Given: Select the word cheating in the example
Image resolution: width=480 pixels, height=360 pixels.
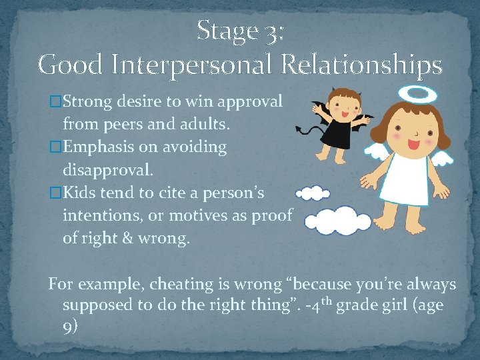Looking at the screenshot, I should pos(179,284).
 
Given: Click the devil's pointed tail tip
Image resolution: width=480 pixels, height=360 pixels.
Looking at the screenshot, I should pos(298,129).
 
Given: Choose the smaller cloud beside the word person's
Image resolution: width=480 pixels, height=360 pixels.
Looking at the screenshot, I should pos(313,194).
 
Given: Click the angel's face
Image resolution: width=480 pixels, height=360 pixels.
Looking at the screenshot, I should pos(413,133).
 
